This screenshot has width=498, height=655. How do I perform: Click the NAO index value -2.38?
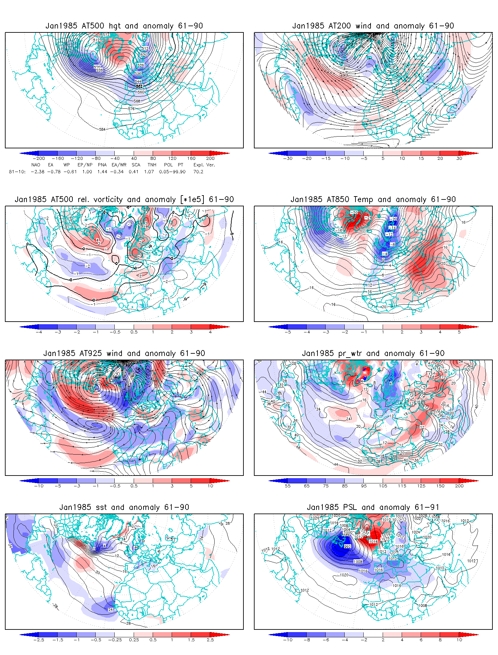tap(38, 172)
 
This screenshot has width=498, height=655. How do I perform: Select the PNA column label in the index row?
tap(102, 165)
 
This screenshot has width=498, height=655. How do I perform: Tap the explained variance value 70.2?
tap(198, 172)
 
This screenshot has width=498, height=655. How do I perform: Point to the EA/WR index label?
tap(119, 165)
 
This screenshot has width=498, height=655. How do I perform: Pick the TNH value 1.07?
tap(149, 172)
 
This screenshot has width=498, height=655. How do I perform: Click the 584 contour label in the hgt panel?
tap(102, 129)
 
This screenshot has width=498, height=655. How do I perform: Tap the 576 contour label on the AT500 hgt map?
tap(131, 109)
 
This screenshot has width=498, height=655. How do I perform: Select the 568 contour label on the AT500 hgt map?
tap(137, 101)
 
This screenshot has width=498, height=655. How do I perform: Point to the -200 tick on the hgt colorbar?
tap(39, 159)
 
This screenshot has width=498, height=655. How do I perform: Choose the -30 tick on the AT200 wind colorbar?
tap(288, 159)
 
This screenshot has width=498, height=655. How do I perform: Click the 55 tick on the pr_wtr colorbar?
tap(288, 486)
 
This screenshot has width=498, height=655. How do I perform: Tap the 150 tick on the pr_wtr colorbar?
tap(440, 486)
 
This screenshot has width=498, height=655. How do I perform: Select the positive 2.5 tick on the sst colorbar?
tap(210, 640)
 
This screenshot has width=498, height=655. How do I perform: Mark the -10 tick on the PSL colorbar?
tap(288, 640)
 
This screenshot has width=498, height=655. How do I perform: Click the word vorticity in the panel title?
tap(107, 199)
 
